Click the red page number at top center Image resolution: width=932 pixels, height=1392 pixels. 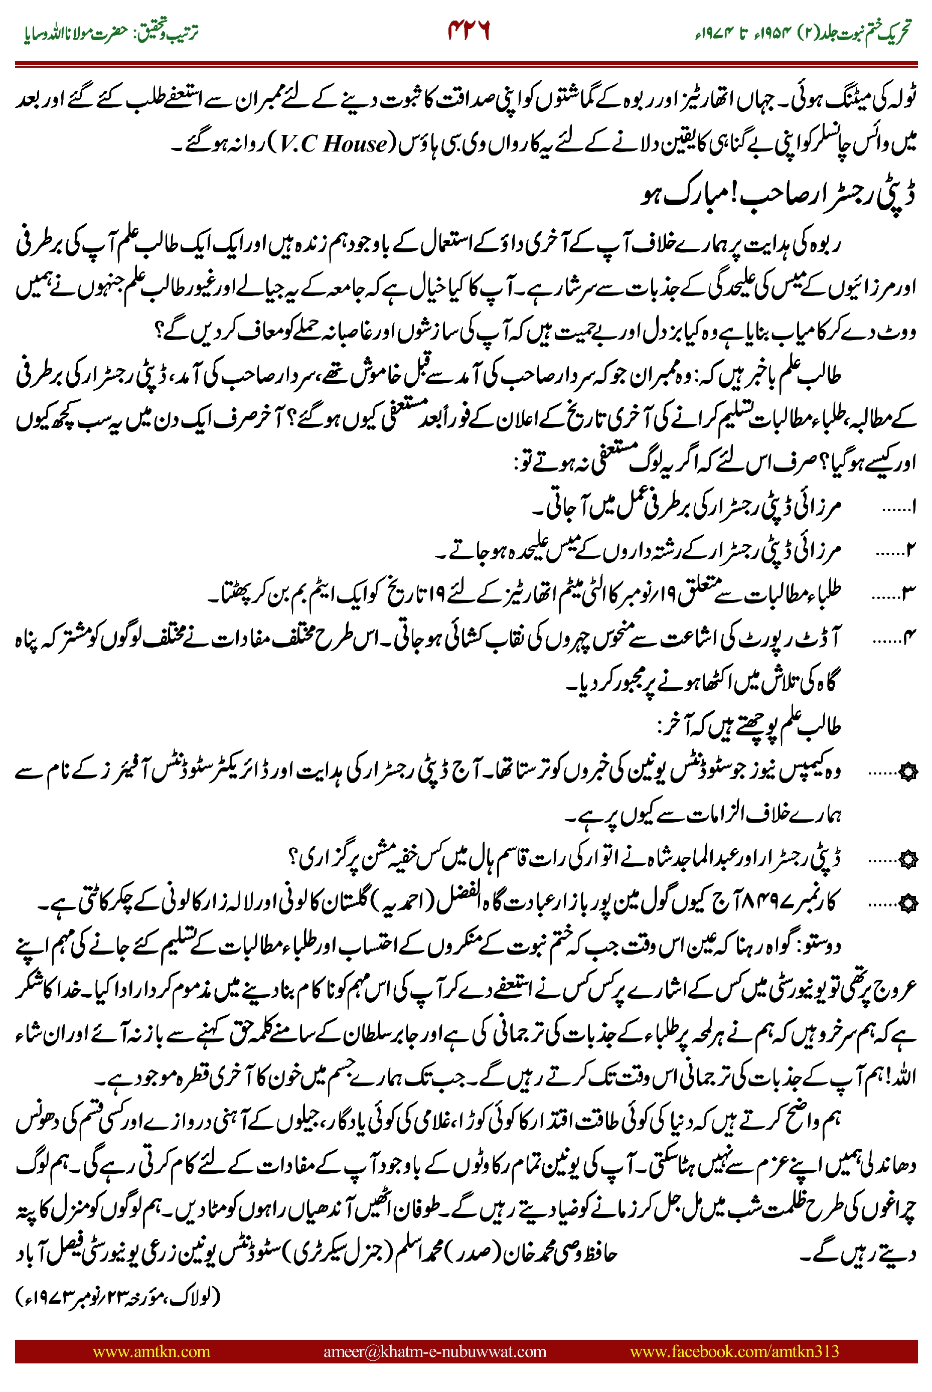tap(469, 31)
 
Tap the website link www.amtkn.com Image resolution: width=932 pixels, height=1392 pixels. tap(151, 1351)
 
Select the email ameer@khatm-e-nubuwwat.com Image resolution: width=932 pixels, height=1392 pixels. tap(434, 1351)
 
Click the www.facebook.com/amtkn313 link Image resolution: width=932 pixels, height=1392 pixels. tap(734, 1351)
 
